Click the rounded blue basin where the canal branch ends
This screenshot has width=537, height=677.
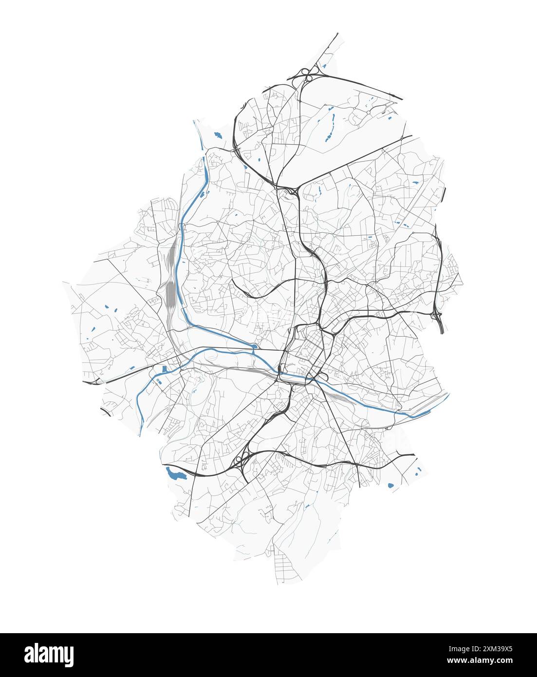coord(255,346)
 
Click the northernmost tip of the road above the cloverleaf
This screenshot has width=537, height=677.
coord(337,34)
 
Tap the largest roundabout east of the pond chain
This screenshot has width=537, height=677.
coord(369,112)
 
